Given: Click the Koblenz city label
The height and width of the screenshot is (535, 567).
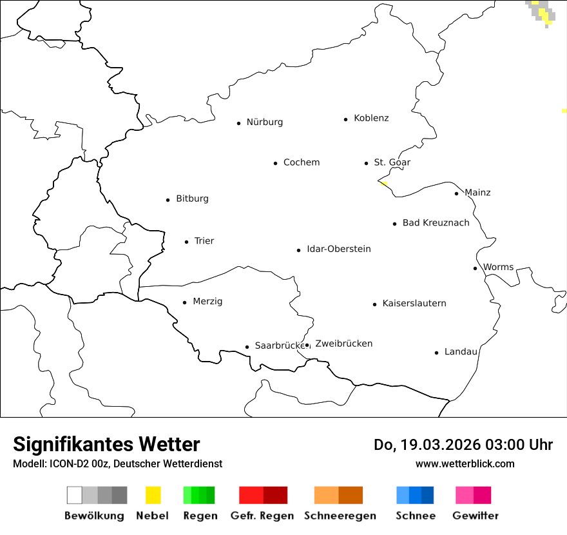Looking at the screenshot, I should [371, 119].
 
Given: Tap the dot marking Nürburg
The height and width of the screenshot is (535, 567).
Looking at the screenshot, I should [238, 123].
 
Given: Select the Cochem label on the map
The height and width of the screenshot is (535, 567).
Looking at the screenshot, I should [301, 162].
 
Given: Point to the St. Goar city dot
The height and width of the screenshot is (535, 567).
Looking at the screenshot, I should [366, 163].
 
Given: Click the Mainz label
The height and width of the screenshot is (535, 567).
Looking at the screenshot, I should [477, 193].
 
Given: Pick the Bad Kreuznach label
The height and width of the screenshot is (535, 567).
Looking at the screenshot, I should [436, 223].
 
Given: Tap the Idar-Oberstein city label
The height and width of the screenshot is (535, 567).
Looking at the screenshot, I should [338, 249].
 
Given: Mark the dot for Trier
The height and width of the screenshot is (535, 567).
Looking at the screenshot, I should [186, 242].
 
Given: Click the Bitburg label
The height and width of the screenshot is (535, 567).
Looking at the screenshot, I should [192, 199].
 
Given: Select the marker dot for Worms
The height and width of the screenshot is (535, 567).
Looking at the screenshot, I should [475, 268].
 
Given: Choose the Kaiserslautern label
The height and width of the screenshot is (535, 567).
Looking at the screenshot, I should [414, 304].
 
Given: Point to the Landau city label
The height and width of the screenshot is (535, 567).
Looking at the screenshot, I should [461, 352].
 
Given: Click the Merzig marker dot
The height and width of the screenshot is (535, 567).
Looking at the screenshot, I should [184, 302].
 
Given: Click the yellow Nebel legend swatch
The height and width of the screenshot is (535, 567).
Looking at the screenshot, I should [153, 495].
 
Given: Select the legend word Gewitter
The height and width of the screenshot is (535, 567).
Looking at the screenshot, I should [475, 516].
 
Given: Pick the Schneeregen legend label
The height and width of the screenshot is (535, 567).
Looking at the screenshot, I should [340, 516].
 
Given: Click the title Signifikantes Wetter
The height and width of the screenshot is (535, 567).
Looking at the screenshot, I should [106, 445].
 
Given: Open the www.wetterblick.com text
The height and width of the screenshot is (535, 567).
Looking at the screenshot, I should [465, 464].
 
